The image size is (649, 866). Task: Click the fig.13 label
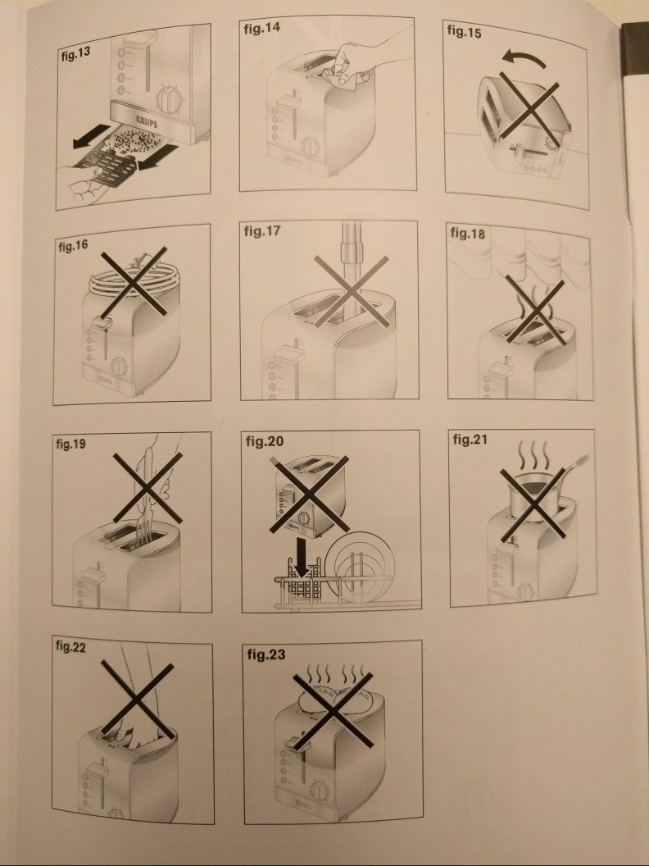75,55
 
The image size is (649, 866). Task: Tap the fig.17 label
262,231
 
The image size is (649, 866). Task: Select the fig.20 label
265,441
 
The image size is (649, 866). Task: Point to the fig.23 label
266,654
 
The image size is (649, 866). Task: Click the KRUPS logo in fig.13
147,122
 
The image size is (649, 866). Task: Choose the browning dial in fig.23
320,791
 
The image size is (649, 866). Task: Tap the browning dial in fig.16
119,367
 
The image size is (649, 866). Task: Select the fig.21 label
470,440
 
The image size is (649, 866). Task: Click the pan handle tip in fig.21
585,458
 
